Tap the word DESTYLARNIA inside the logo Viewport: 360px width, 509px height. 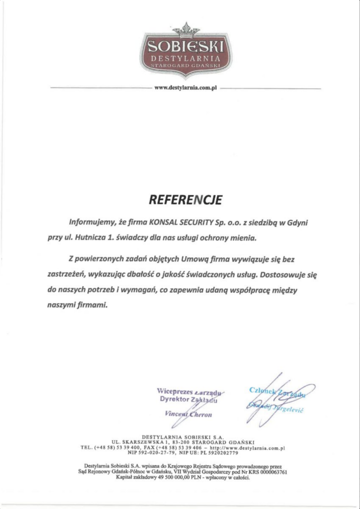[x=186, y=60]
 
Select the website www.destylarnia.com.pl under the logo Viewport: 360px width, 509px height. [x=186, y=88]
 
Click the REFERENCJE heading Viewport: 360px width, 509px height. [x=184, y=200]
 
